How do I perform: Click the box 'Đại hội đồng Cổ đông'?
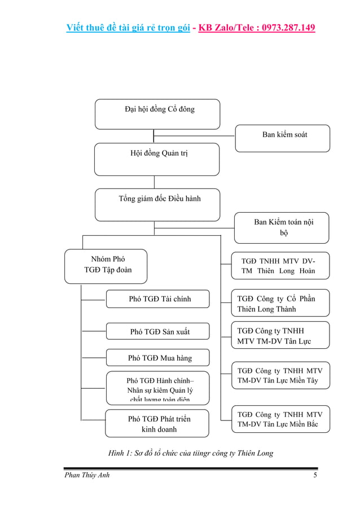pyautogui.click(x=157, y=114)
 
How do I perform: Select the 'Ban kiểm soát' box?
pyautogui.click(x=282, y=138)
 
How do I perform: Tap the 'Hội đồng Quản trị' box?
pyautogui.click(x=156, y=159)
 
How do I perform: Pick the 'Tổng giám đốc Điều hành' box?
pyautogui.click(x=157, y=204)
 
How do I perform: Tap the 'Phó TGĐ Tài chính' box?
pyautogui.click(x=157, y=299)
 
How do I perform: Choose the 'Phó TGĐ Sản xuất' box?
pyautogui.click(x=157, y=332)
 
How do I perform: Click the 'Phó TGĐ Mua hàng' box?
pyautogui.click(x=157, y=358)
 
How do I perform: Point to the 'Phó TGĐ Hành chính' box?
pyautogui.click(x=157, y=387)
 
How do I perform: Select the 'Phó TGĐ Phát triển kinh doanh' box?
pyautogui.click(x=157, y=424)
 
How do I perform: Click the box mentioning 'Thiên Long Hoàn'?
pyautogui.click(x=280, y=266)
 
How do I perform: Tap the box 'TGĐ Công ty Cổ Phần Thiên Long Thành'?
pyautogui.click(x=280, y=304)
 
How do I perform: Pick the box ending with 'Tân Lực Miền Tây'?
pyautogui.click(x=280, y=376)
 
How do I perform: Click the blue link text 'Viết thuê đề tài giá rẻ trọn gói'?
pyautogui.click(x=127, y=27)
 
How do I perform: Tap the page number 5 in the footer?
pyautogui.click(x=315, y=475)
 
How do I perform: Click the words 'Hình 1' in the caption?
pyautogui.click(x=120, y=453)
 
